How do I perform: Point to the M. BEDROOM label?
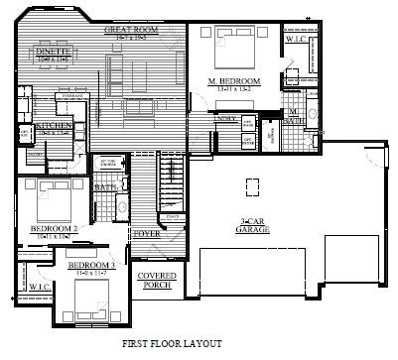tap(234, 79)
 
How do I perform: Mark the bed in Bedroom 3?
tap(95, 299)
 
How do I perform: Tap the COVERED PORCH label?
tap(156, 280)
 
